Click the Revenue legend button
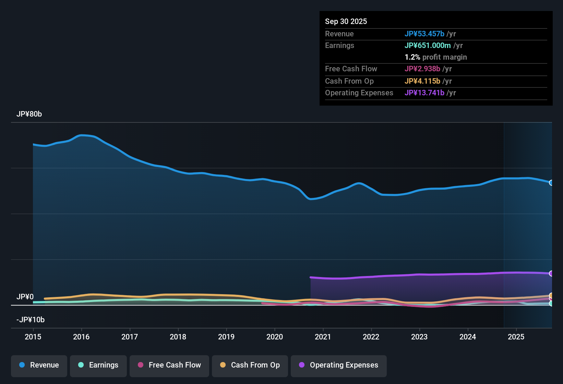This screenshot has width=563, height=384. click(39, 365)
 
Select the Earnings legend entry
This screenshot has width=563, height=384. click(98, 365)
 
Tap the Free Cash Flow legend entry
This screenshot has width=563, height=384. click(169, 365)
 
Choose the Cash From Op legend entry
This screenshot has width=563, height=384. click(250, 365)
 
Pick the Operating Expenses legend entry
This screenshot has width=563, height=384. click(339, 365)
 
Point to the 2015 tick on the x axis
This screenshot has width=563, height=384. click(33, 337)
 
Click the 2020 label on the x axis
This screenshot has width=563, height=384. click(275, 337)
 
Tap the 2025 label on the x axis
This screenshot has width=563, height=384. click(516, 337)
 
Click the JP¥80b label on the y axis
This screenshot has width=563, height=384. click(29, 114)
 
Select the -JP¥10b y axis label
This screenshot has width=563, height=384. click(31, 320)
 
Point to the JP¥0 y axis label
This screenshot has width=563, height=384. click(25, 297)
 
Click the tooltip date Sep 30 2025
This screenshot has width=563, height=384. click(346, 21)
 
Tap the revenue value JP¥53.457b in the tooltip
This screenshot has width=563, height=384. click(424, 34)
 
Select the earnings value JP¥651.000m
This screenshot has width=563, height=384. click(428, 45)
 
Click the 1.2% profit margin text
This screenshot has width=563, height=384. click(435, 57)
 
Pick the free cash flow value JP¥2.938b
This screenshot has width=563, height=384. click(422, 69)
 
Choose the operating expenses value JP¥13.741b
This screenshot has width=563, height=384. click(424, 93)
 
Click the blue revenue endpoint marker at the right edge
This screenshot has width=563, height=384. click(551, 183)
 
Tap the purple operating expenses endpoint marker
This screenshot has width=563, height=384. click(551, 273)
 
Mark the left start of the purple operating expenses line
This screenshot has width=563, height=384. click(311, 277)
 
